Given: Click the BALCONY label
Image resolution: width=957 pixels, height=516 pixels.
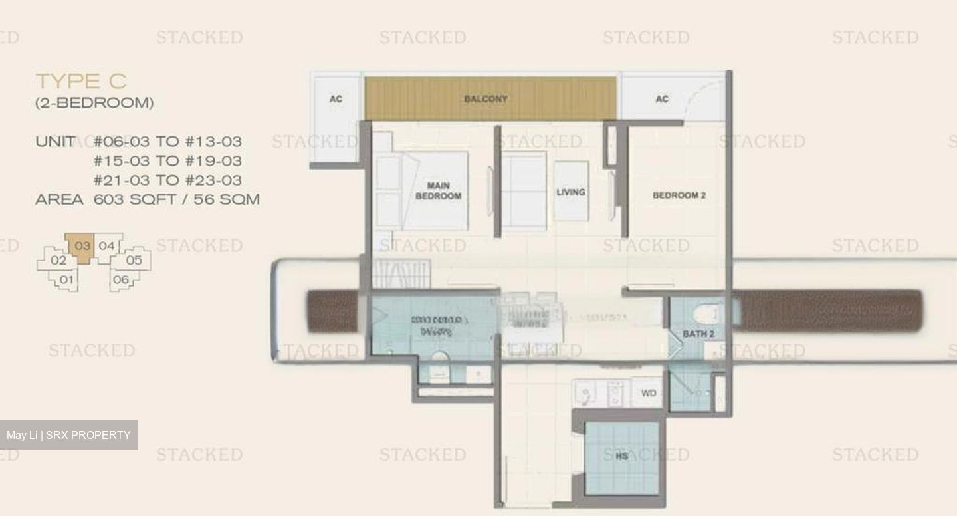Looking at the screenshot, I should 486,99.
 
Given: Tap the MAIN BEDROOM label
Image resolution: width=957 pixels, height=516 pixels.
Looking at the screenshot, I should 438,191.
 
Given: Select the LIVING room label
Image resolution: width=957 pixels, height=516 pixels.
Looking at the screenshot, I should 571,192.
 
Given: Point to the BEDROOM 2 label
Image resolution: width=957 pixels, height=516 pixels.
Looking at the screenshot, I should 679,195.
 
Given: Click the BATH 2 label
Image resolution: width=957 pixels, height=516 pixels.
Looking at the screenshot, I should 698,334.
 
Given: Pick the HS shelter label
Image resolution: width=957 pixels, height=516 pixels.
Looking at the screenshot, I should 622,457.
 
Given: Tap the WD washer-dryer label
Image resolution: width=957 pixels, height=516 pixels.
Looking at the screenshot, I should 649,394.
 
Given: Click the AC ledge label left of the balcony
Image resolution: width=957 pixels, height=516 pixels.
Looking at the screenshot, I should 336,99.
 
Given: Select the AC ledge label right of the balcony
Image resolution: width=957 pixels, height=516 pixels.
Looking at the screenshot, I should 662,99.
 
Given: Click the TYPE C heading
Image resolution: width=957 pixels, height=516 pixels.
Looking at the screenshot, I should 81,82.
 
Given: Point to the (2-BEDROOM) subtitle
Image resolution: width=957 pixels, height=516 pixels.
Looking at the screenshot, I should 94,103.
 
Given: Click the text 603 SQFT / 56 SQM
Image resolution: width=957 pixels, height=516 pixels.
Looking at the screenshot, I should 177,199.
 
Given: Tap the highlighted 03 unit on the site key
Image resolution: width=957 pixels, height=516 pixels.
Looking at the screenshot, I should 82,246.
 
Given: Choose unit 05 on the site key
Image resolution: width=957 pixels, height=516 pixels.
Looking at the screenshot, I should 134,260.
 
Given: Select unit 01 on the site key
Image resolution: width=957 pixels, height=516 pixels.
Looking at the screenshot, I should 66,280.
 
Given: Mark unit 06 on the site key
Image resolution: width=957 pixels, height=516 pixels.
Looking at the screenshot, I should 121,280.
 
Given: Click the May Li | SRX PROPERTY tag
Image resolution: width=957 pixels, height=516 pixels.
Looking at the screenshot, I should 68,435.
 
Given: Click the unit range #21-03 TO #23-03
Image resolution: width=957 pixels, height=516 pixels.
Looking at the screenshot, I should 167,180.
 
